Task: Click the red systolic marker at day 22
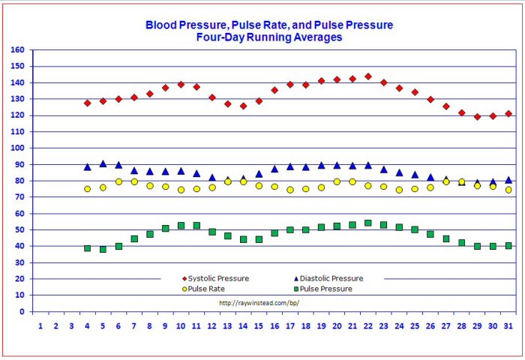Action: click(368, 76)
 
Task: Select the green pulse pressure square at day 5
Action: click(103, 249)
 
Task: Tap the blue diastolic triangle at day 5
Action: click(103, 163)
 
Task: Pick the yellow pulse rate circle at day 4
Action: click(87, 189)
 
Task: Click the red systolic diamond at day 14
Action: click(243, 106)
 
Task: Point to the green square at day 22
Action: click(368, 223)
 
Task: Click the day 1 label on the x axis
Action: click(40, 325)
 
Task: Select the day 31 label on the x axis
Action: click(508, 325)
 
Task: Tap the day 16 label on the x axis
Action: click(274, 325)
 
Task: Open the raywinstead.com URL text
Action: click(259, 303)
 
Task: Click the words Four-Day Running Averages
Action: click(269, 37)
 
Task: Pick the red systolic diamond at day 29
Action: click(477, 116)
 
